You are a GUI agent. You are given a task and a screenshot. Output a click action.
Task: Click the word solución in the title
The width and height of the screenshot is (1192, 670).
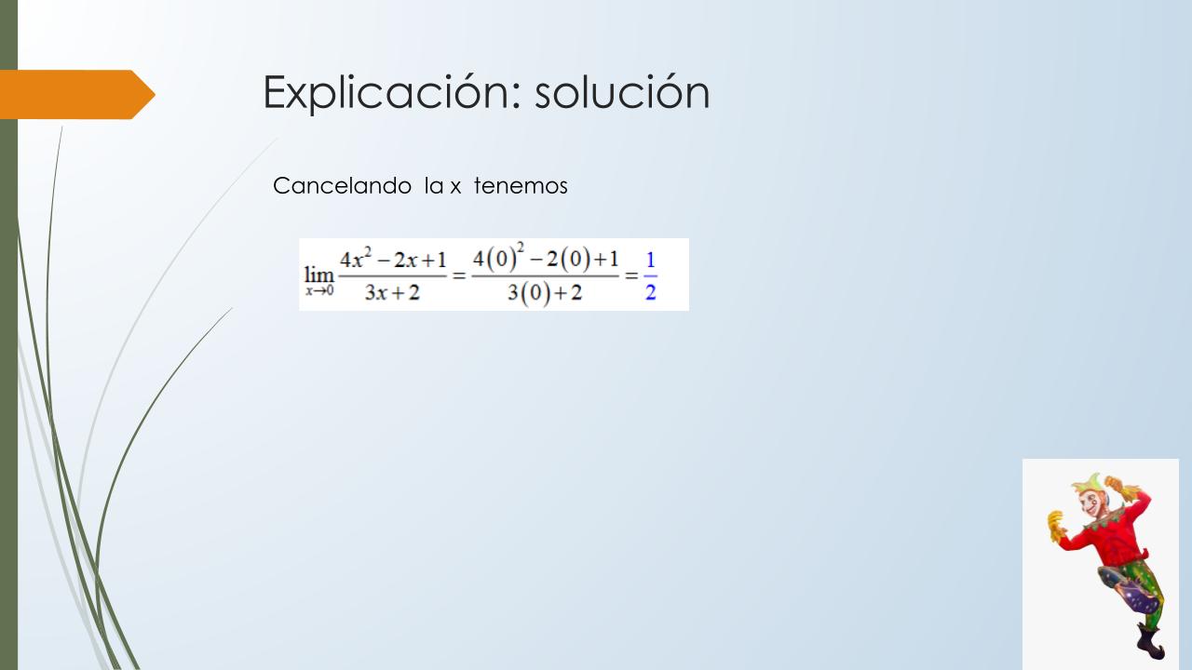(x=622, y=91)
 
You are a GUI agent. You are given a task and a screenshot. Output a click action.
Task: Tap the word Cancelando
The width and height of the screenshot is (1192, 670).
(x=342, y=186)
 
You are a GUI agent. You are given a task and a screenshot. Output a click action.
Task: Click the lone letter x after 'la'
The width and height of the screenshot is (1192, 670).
(x=455, y=188)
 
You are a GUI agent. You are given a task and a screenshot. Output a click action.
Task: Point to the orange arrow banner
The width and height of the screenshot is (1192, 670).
(x=77, y=95)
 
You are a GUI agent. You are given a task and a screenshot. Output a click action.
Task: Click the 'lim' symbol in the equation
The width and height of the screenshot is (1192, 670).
(x=318, y=275)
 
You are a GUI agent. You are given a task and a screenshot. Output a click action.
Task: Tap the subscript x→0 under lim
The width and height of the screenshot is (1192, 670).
(x=319, y=290)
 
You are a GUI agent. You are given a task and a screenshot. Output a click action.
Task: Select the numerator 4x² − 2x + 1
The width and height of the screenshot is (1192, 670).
(x=393, y=259)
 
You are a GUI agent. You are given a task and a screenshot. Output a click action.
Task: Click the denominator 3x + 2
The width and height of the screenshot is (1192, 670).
(x=392, y=292)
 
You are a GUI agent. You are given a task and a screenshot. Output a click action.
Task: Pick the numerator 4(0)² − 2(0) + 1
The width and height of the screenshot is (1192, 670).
(x=546, y=258)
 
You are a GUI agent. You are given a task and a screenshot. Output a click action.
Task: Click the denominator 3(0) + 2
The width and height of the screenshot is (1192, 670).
(x=545, y=293)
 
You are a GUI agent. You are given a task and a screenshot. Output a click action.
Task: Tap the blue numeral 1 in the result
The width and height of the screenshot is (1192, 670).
(x=650, y=260)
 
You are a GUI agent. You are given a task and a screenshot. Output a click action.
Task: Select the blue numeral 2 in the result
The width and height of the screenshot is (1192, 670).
(x=650, y=292)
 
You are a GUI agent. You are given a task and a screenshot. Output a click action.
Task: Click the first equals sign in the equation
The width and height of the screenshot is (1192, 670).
(x=459, y=275)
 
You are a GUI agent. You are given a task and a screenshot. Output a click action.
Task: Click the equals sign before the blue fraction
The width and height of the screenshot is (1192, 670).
(x=631, y=275)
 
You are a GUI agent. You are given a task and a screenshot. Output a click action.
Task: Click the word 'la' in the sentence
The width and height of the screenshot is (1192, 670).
(x=434, y=186)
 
